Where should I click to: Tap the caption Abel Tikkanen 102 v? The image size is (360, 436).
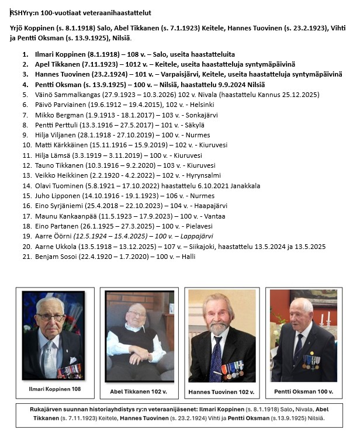pyautogui.click(x=139, y=391)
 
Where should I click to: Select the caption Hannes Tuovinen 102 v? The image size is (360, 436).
pyautogui.click(x=221, y=391)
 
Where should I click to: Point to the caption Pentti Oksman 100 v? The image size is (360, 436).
pyautogui.click(x=299, y=391)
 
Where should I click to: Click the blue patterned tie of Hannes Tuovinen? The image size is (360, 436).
pyautogui.click(x=216, y=357)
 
